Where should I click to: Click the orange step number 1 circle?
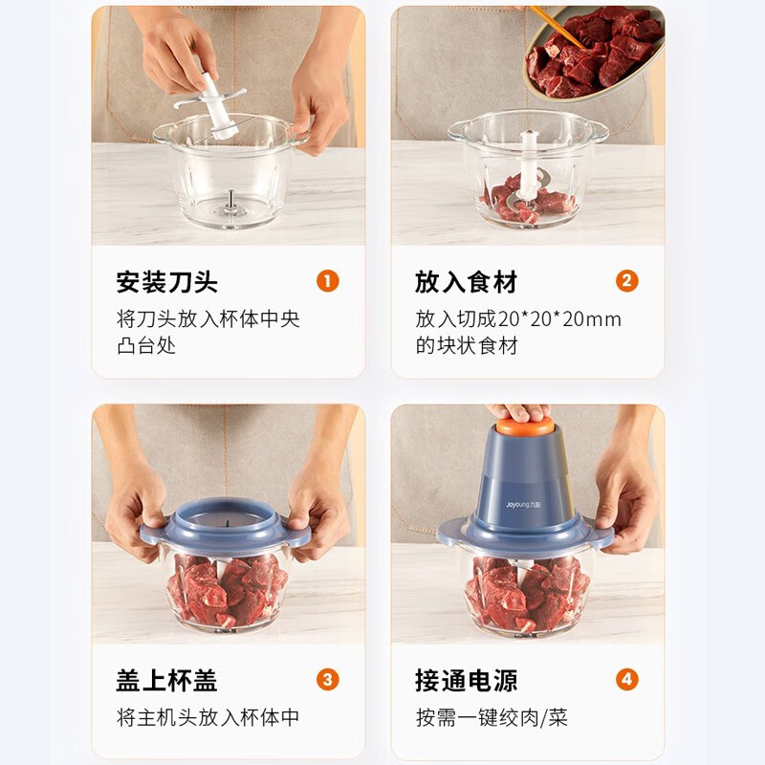click(x=328, y=281)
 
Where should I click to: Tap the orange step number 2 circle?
click(x=627, y=281)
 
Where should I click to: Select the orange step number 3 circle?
click(x=328, y=680)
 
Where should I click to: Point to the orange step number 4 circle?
click(x=627, y=680)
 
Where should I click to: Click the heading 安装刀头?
click(x=167, y=282)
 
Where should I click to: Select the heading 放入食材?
click(x=466, y=282)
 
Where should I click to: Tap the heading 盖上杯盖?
click(x=167, y=681)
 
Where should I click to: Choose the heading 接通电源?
click(x=466, y=681)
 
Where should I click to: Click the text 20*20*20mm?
click(x=560, y=319)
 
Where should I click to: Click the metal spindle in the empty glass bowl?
click(x=230, y=199)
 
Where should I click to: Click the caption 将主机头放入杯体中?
click(x=208, y=717)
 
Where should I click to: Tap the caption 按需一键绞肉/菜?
click(x=492, y=717)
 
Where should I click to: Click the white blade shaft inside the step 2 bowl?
click(x=528, y=158)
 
